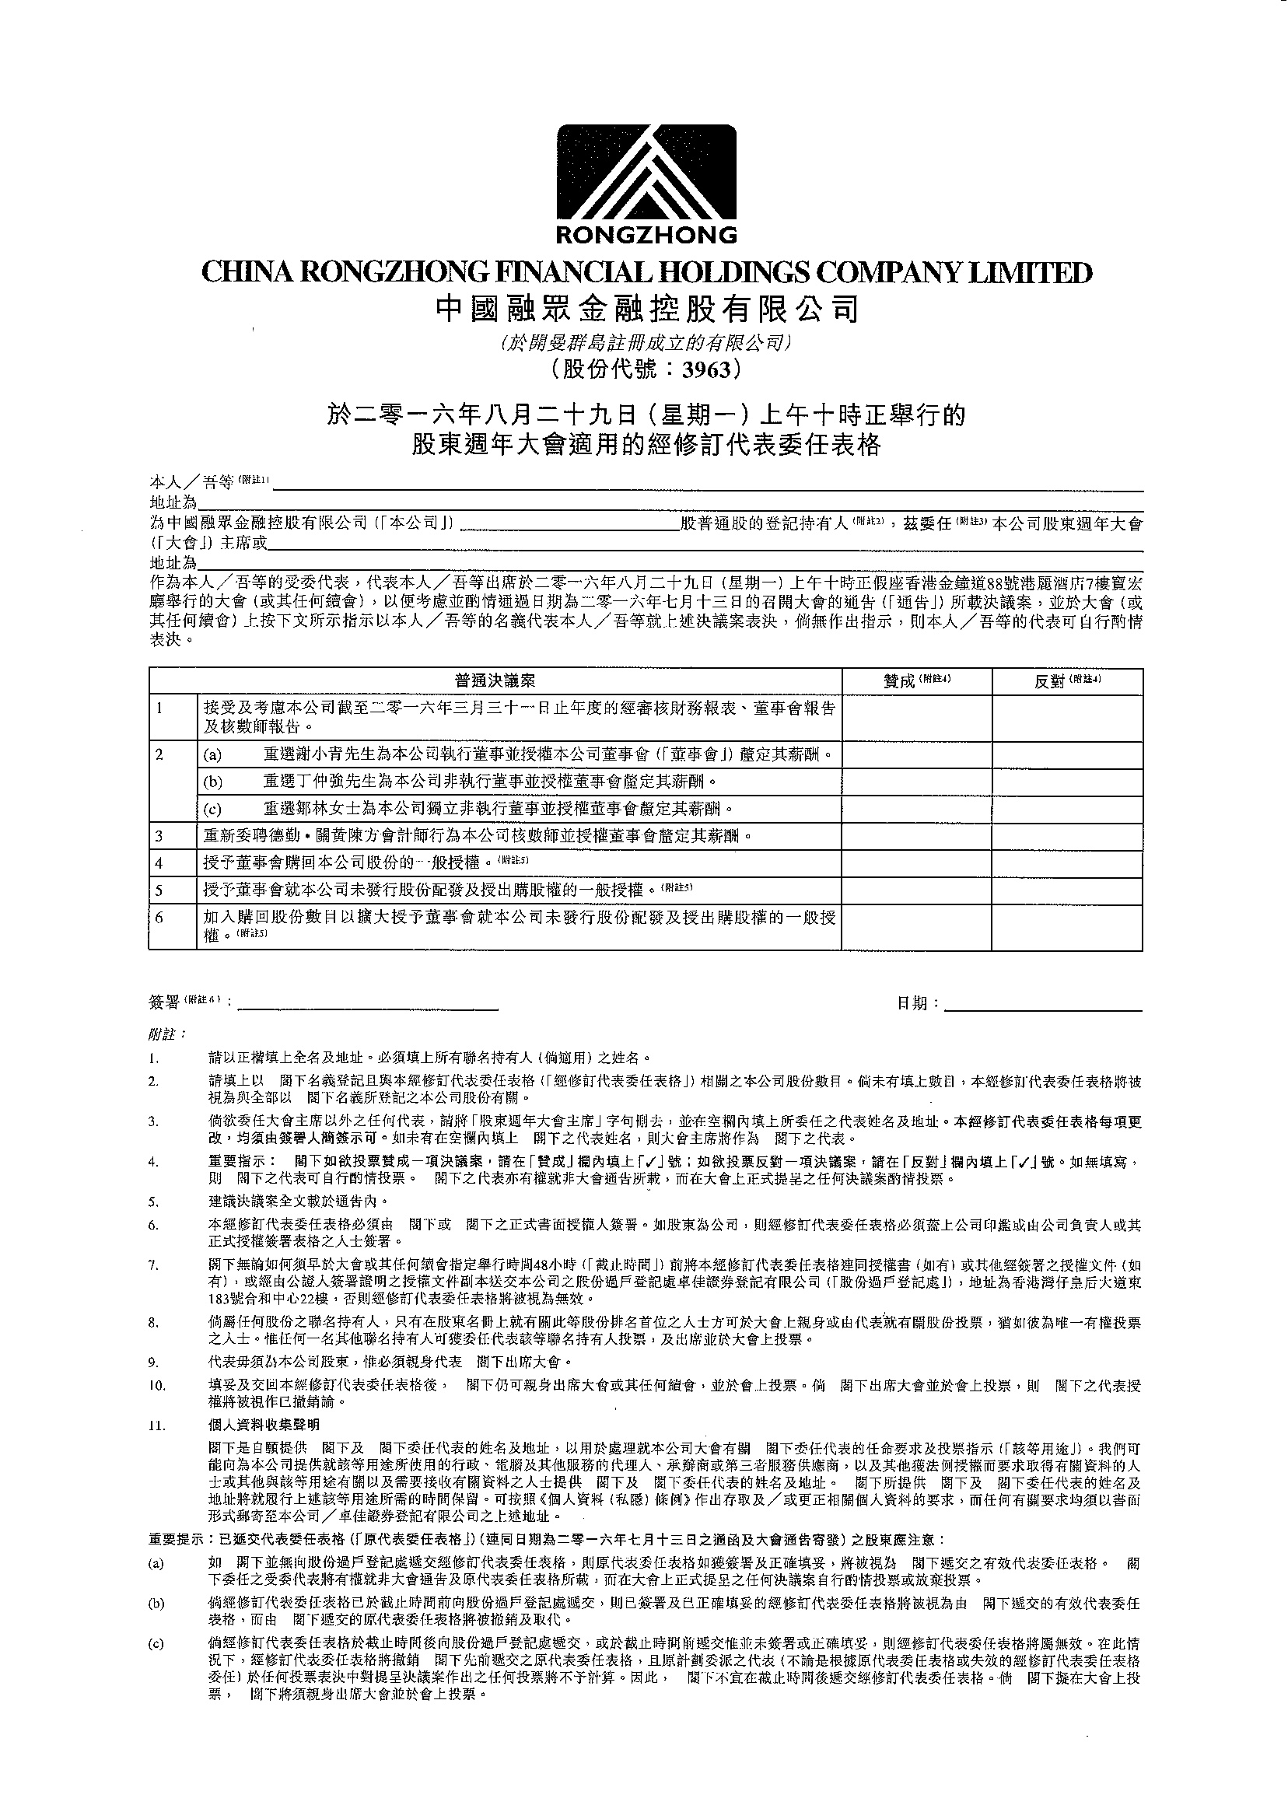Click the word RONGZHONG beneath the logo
[x=646, y=235]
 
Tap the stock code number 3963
[x=711, y=369]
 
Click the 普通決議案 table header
[x=495, y=681]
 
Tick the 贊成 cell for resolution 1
[x=916, y=718]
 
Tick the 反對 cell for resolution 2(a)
[x=1067, y=754]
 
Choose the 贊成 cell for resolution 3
[x=916, y=837]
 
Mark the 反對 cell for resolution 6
[x=1067, y=926]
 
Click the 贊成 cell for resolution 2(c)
[x=916, y=810]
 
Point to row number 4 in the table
[x=159, y=862]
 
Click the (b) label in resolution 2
[x=212, y=782]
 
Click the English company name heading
[x=646, y=273]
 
